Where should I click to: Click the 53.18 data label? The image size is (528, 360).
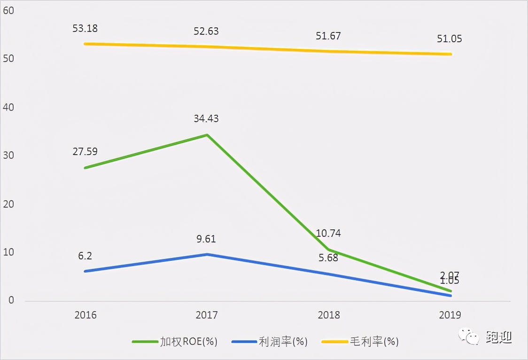(85, 28)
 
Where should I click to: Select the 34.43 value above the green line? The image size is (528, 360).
(206, 119)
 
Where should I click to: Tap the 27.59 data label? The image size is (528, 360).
(85, 152)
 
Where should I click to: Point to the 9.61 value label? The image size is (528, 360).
(206, 239)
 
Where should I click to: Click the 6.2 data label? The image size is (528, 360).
(85, 256)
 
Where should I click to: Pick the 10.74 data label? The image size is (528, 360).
(328, 234)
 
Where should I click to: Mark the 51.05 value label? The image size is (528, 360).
(449, 39)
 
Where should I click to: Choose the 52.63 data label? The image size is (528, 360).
(206, 31)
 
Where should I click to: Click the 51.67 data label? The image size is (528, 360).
(328, 36)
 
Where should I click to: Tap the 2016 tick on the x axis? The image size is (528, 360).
(85, 315)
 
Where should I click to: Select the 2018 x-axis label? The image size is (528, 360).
(328, 315)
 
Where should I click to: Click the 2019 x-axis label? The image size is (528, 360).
(450, 315)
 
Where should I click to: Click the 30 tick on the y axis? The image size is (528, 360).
(9, 156)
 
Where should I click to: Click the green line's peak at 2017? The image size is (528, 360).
(207, 135)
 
